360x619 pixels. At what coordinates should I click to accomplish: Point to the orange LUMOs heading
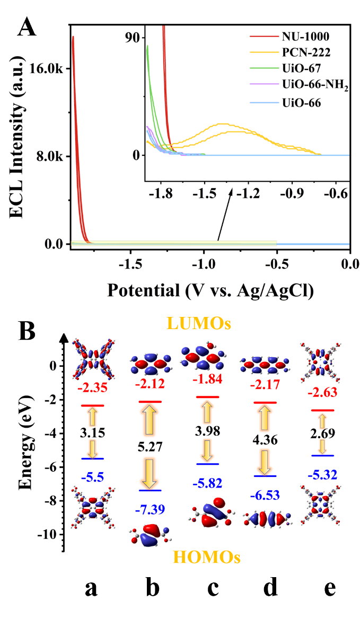199,323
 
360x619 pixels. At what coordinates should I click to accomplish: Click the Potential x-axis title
209,290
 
